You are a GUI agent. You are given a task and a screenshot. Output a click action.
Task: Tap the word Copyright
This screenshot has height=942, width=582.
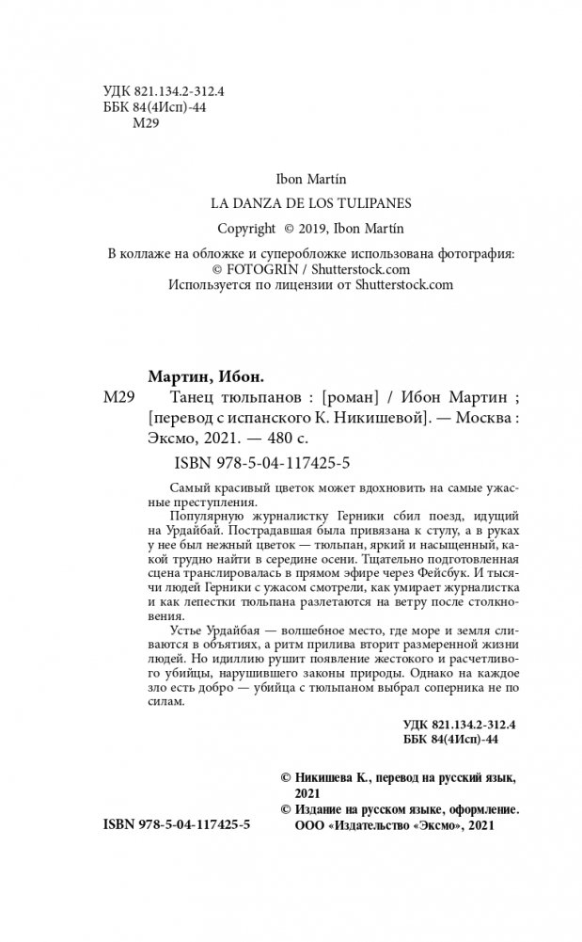pyautogui.click(x=246, y=228)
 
